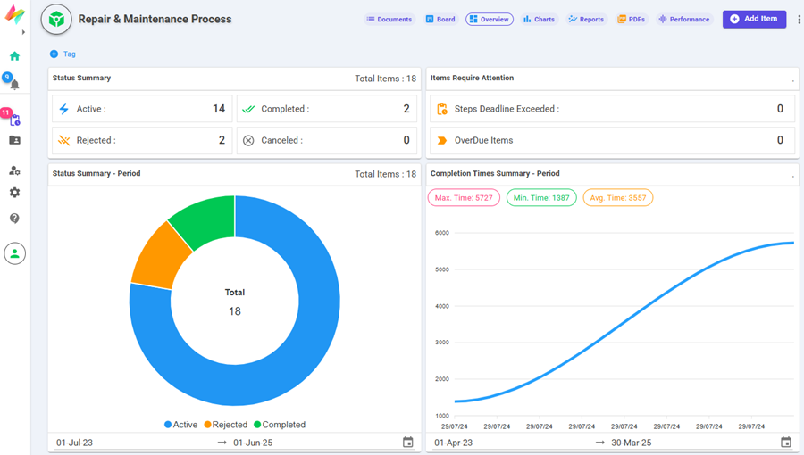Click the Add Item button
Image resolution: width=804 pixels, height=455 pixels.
[754, 19]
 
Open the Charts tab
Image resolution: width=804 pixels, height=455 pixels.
[539, 19]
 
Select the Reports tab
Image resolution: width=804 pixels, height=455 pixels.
[586, 19]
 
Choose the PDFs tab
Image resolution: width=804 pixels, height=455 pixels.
[631, 19]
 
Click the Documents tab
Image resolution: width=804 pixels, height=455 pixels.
[389, 19]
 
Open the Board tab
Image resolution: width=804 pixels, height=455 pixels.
[440, 19]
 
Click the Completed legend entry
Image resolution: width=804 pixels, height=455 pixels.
[280, 425]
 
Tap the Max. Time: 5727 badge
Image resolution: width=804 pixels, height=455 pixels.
[464, 198]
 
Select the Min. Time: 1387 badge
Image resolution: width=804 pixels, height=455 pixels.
[541, 198]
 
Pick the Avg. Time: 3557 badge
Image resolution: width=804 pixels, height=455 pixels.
[618, 198]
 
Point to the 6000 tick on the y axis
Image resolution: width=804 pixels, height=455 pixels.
[441, 233]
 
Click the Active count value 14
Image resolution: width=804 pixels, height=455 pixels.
[218, 109]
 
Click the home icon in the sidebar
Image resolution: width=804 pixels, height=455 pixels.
[14, 56]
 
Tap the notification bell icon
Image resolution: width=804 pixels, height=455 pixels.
[14, 85]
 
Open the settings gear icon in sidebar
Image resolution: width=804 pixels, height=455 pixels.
[14, 193]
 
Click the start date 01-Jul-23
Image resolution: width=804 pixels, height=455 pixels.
[75, 443]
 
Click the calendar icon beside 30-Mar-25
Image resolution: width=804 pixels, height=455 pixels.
[786, 443]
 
